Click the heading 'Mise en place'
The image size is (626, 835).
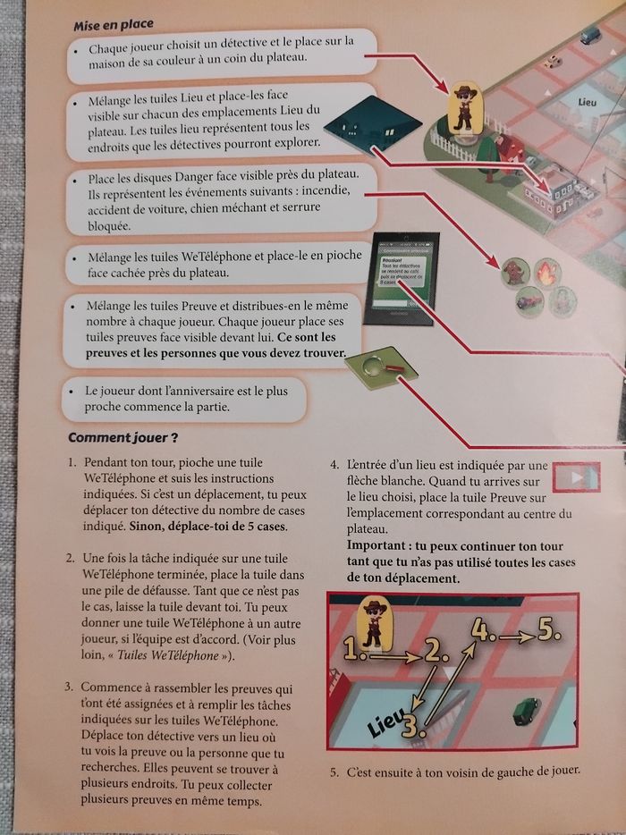pos(114,23)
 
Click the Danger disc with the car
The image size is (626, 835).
pos(530,301)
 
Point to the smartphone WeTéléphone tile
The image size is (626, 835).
pos(402,275)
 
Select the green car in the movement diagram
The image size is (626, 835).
pos(522,713)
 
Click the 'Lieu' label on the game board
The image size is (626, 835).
pos(588,104)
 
